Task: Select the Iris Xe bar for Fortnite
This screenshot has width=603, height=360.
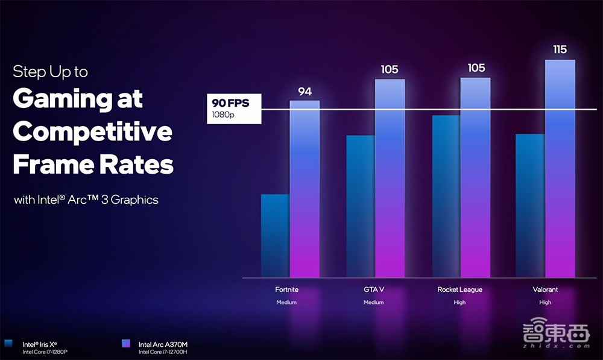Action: [275, 235]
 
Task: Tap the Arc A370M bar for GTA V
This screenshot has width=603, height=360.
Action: [390, 178]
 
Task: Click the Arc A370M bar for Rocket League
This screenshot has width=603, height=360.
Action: [475, 177]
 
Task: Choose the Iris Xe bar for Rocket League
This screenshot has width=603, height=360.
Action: [446, 196]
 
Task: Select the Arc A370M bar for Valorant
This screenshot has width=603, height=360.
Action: [560, 168]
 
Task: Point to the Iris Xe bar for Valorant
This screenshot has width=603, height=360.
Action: [531, 205]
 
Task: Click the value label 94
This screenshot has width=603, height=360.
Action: [305, 92]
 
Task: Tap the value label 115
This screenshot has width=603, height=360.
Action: [560, 49]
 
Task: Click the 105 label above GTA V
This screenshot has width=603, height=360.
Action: [390, 70]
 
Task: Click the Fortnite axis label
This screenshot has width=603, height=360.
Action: [286, 290]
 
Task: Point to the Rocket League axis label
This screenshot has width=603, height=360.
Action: [459, 290]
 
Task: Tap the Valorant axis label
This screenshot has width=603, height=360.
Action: [545, 290]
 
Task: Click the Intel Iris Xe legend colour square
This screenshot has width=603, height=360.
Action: [8, 343]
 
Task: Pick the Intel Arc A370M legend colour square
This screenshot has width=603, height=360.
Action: [125, 343]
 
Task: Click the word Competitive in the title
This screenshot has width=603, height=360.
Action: [92, 131]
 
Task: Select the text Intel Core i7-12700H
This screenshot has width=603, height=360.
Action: [163, 352]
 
